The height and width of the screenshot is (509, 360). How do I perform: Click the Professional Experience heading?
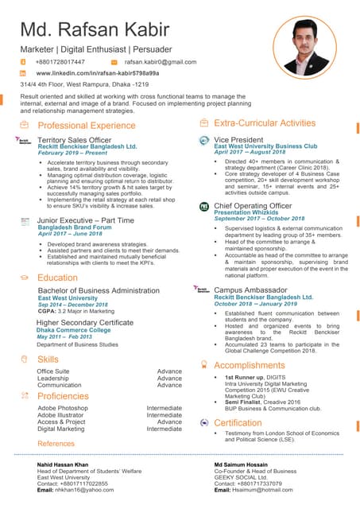pos(87,126)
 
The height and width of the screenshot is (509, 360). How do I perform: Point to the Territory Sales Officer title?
pos(75,140)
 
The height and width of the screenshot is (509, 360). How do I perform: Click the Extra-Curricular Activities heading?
pos(265,123)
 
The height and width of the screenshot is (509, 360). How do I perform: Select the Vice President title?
pos(238,139)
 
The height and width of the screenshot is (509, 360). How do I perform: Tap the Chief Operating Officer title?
pos(253,206)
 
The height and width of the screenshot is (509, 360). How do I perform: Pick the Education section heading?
pos(57,278)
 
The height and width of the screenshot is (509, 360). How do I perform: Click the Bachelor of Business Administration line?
pos(99,291)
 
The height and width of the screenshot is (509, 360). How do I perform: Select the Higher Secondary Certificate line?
pos(84,323)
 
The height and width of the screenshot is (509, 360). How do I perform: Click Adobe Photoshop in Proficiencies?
pos(63,408)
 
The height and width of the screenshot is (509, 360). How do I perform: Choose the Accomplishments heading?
pos(249,365)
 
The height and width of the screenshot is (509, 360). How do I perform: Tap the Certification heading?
pos(238,423)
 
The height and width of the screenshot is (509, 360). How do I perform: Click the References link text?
pos(56,443)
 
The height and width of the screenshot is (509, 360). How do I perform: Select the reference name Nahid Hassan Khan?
pos(63,464)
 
